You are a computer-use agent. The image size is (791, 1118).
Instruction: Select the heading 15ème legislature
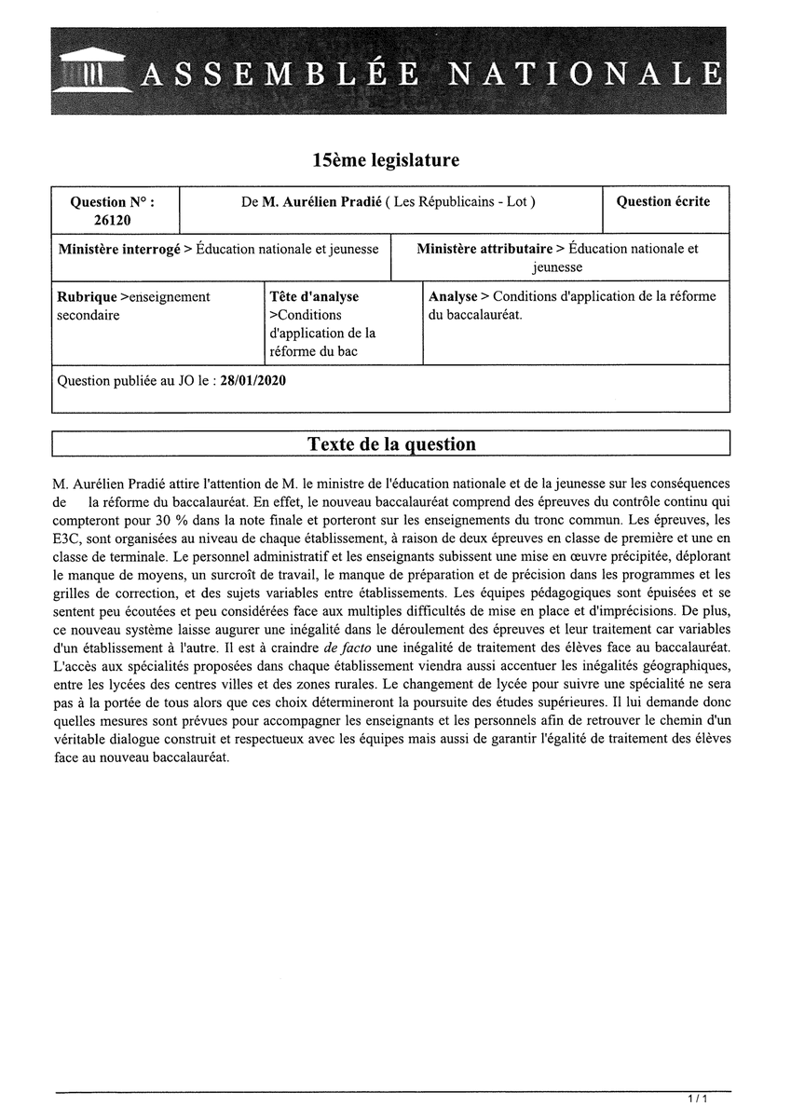click(386, 160)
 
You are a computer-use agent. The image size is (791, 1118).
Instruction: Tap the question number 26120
click(113, 221)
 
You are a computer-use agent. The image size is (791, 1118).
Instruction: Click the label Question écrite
click(662, 201)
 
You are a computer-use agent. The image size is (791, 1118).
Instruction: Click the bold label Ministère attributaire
click(484, 249)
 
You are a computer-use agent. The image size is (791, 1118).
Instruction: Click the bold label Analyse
click(453, 296)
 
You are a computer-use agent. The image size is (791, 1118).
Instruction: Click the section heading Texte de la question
click(391, 444)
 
